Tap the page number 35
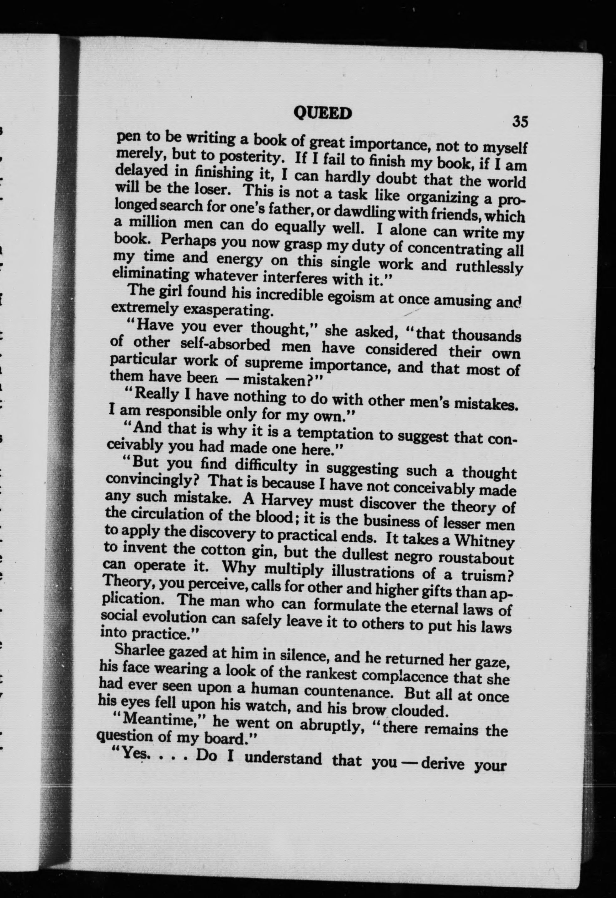tap(519, 121)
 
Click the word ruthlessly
tap(489, 268)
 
